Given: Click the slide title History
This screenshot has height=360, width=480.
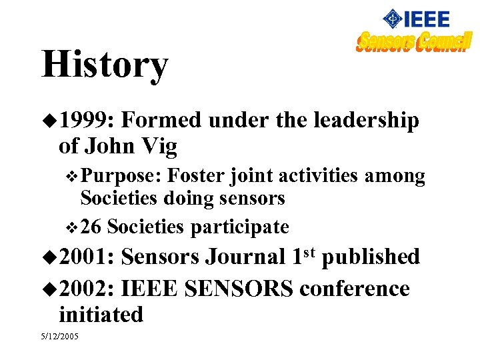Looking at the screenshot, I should tap(105, 65).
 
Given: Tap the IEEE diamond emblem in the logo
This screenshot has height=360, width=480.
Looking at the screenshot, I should tap(394, 19).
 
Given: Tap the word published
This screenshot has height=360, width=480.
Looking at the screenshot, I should tap(371, 257).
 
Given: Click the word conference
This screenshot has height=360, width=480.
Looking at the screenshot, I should tap(355, 289).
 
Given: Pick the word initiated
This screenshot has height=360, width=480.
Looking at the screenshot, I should tap(101, 314).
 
